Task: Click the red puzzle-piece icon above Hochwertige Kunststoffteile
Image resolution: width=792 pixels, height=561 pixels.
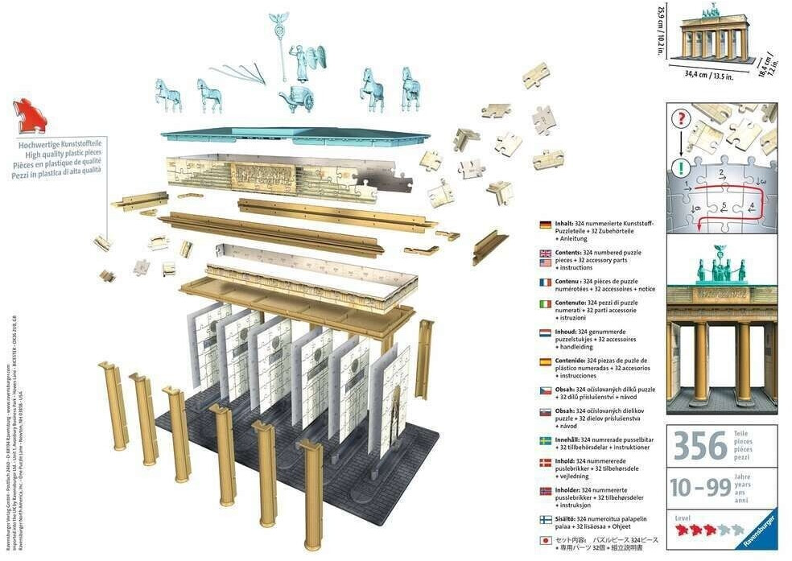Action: [30, 117]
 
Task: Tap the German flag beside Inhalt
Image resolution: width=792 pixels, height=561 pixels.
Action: [546, 224]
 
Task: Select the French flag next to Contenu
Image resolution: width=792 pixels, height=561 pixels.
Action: [546, 283]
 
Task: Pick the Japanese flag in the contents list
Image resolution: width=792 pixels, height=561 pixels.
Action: [546, 542]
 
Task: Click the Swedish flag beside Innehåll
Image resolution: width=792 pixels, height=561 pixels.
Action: [546, 440]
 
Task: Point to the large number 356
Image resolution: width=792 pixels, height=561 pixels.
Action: [699, 445]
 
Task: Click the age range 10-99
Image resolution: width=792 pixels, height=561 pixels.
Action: [699, 488]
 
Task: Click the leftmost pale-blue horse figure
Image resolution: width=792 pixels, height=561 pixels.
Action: [167, 95]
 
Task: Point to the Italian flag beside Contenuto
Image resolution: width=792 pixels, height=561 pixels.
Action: [546, 304]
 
